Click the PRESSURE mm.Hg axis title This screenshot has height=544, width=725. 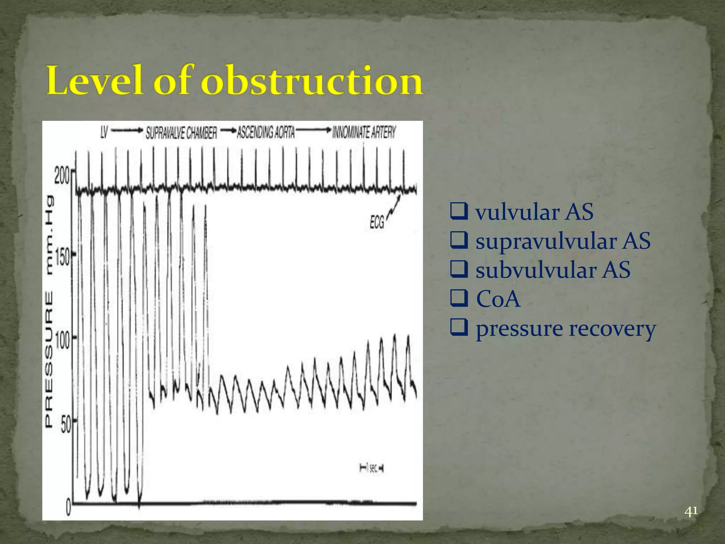[x=49, y=312]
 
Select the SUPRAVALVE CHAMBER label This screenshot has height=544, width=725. [x=181, y=133]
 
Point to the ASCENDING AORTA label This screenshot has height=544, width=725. [x=266, y=132]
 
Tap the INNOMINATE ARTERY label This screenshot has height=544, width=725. [x=364, y=132]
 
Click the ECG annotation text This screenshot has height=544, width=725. [x=377, y=223]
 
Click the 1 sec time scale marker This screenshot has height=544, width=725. [x=371, y=468]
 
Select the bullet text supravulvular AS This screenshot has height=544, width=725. [x=563, y=241]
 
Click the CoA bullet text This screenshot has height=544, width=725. [x=498, y=299]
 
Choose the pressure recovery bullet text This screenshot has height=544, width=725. [x=565, y=329]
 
